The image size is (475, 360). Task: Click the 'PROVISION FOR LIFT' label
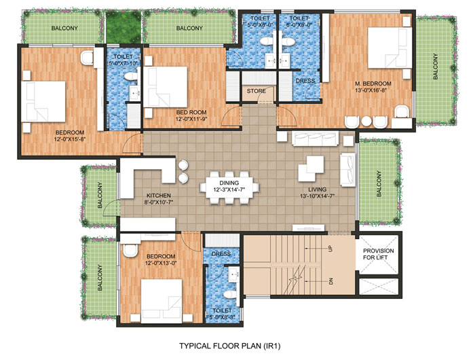(378, 253)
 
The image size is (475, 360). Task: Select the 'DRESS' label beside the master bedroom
(304, 79)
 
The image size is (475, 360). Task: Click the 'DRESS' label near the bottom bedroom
(222, 255)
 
